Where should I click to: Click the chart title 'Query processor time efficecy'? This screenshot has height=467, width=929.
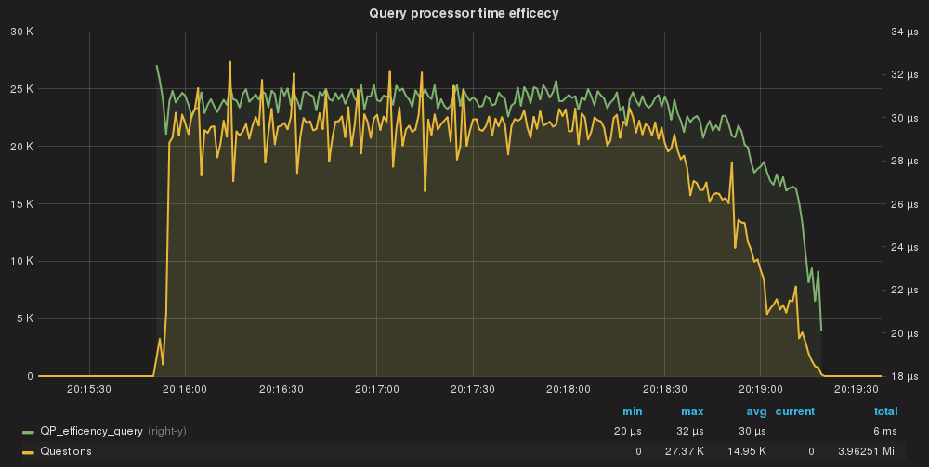click(464, 13)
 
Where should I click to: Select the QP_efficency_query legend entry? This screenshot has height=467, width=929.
click(91, 431)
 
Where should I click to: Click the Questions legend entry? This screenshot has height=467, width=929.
click(66, 451)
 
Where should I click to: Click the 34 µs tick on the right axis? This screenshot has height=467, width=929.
click(904, 32)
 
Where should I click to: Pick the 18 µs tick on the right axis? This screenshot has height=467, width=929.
click(904, 376)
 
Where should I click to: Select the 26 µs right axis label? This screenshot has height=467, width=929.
click(904, 204)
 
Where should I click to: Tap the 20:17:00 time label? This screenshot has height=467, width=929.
click(376, 390)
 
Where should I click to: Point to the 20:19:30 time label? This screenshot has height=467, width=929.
click(856, 390)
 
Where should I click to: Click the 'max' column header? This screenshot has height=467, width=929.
click(692, 411)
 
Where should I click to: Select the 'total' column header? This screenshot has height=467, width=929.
click(885, 411)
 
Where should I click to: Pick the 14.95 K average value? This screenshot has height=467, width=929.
click(749, 451)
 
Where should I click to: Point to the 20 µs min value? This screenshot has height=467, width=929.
click(629, 431)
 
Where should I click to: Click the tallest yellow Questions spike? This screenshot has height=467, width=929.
click(229, 63)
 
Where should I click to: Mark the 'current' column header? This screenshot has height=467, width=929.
click(795, 411)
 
